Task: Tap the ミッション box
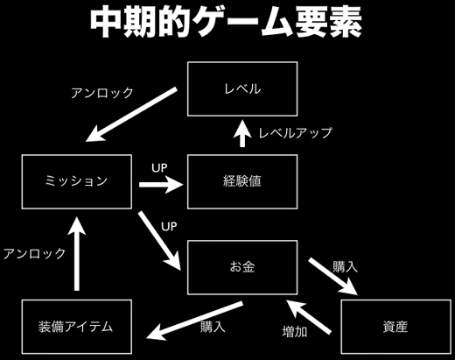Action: [x=75, y=182]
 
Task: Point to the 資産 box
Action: [x=395, y=326]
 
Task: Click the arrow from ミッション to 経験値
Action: [x=161, y=184]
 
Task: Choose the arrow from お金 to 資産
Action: [x=332, y=278]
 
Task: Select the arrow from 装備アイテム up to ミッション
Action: [x=76, y=254]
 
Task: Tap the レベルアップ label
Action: [x=295, y=134]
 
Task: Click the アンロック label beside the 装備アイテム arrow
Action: [x=34, y=253]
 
